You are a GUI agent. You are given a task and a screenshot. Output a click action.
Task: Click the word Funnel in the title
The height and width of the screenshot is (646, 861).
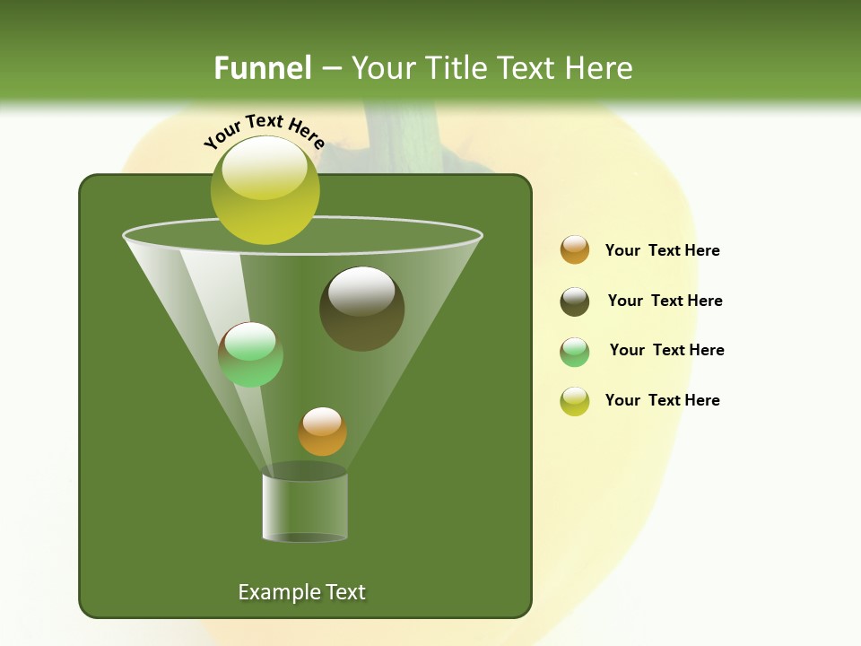tap(262, 68)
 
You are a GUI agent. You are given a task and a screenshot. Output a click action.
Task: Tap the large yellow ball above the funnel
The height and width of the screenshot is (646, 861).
tap(265, 190)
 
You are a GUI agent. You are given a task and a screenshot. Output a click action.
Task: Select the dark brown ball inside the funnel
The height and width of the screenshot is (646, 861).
tap(361, 309)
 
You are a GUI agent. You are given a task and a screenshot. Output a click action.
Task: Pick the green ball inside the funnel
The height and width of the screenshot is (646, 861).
tap(250, 354)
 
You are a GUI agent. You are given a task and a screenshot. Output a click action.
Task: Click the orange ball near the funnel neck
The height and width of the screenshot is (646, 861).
tap(322, 432)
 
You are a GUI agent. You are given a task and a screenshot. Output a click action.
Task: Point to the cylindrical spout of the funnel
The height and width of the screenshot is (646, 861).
tap(305, 507)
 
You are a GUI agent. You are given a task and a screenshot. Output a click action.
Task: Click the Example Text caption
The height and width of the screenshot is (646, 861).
tap(301, 592)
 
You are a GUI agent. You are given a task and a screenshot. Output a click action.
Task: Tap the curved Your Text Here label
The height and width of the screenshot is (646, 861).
tap(264, 129)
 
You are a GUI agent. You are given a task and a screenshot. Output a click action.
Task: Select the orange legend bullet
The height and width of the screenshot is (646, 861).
tap(575, 250)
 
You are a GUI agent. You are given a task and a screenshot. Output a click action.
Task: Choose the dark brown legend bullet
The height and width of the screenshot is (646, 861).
tap(575, 301)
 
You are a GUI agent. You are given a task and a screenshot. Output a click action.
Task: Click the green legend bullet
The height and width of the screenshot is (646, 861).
tap(575, 352)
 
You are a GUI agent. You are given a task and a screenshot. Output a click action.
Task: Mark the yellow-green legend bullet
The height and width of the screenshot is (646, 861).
tap(575, 401)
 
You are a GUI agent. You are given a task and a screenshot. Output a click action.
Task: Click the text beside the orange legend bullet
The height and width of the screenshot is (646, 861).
tap(662, 250)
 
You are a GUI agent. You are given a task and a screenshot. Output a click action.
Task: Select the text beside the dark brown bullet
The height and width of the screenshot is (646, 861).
tap(665, 301)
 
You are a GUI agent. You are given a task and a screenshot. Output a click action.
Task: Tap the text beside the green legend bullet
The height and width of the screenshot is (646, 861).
tap(666, 350)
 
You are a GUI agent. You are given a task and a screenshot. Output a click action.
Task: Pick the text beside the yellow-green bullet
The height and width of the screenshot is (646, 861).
tap(662, 400)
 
